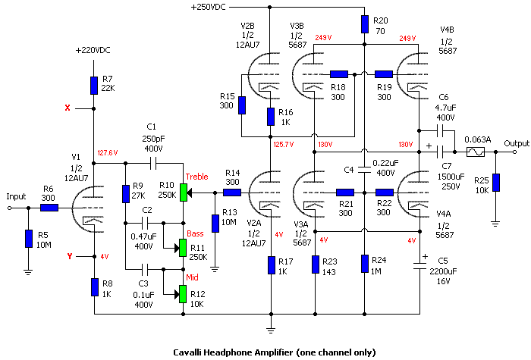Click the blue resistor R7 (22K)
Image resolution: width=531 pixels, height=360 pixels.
[x=94, y=84]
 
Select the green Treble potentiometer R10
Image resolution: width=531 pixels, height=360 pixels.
[x=183, y=192]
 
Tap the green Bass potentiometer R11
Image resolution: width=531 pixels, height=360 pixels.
[x=183, y=247]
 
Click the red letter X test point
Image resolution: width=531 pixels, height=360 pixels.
[x=68, y=108]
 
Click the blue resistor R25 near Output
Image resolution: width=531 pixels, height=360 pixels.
[x=495, y=183]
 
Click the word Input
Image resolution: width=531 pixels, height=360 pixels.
[x=17, y=196]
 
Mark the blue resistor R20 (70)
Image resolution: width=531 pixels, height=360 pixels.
[x=365, y=25]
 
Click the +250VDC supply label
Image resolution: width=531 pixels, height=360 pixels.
[x=215, y=7]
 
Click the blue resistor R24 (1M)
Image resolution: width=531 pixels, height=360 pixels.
[x=365, y=264]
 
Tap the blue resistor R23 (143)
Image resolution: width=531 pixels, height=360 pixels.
[x=314, y=264]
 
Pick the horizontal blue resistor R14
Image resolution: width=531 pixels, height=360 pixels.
[x=231, y=192]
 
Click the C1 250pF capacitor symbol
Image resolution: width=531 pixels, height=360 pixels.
[x=151, y=161]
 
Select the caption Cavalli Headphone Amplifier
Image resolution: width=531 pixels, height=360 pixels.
[x=272, y=352]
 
